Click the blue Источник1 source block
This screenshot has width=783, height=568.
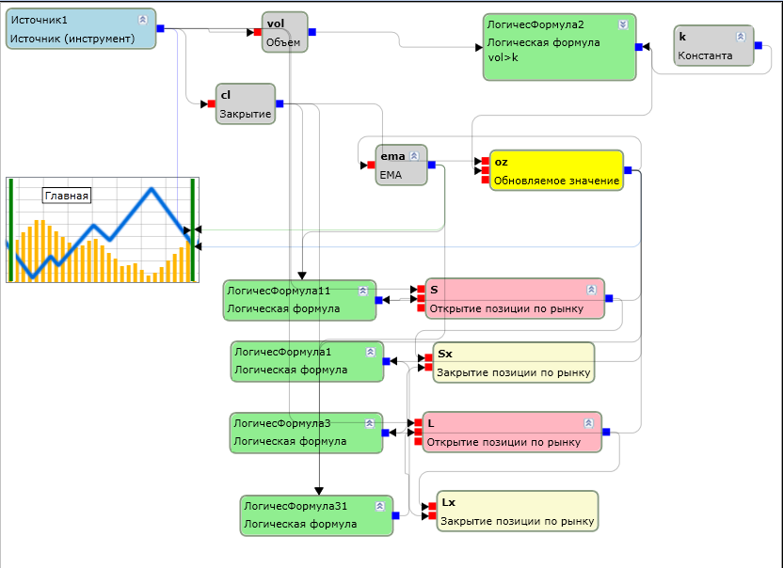(x=81, y=29)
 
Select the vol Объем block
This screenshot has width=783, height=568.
(x=284, y=32)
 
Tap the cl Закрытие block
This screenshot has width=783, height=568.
(x=246, y=103)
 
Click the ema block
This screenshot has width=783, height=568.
(x=401, y=166)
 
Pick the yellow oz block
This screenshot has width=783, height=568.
(x=556, y=170)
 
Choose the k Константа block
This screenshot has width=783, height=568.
(x=713, y=45)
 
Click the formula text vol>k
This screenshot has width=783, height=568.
(x=503, y=57)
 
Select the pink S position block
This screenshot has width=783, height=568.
(x=515, y=298)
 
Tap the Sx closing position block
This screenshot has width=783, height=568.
(x=513, y=362)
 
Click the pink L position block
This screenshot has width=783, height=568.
(x=512, y=433)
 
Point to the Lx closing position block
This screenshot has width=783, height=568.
(x=518, y=511)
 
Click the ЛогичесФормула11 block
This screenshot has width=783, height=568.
(x=299, y=300)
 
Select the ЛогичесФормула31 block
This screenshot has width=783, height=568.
(x=316, y=515)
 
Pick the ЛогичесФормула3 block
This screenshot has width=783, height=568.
(x=306, y=433)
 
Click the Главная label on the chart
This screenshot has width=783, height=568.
(x=67, y=196)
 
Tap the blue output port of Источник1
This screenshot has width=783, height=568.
(x=160, y=28)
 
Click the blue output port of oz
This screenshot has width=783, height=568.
(x=628, y=170)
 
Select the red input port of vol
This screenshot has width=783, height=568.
(x=258, y=32)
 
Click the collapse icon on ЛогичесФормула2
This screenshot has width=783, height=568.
(x=623, y=24)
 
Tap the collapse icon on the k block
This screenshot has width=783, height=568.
(x=741, y=37)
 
